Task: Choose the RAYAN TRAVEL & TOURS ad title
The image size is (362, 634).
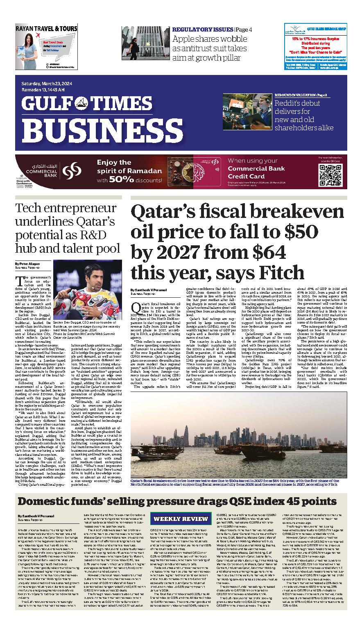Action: (46, 29)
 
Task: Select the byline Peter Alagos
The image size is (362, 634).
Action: (28, 263)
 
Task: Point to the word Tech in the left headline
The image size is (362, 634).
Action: (28, 208)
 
